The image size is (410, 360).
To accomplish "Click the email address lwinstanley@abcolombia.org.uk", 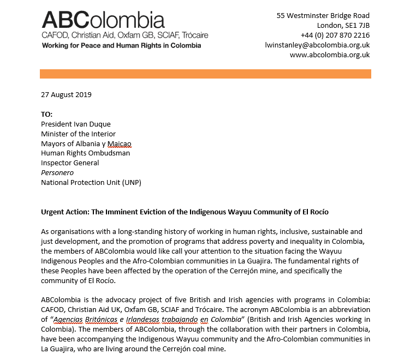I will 317,45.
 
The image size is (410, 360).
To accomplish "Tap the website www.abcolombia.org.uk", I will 329,55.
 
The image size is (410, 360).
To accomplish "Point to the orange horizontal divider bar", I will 205,74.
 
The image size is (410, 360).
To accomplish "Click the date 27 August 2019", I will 66,94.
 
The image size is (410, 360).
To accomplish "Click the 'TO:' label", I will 47,115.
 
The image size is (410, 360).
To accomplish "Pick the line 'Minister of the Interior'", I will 79,134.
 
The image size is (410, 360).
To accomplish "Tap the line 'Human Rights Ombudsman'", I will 85,153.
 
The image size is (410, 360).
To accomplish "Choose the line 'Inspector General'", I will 70,163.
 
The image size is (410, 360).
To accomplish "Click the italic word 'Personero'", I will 57,173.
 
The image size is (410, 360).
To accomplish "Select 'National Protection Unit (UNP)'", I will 91,183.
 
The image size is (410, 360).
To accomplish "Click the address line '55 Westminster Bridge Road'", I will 323,16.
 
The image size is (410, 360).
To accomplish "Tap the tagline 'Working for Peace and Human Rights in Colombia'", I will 121,45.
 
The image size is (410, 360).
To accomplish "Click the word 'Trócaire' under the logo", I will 192,35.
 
